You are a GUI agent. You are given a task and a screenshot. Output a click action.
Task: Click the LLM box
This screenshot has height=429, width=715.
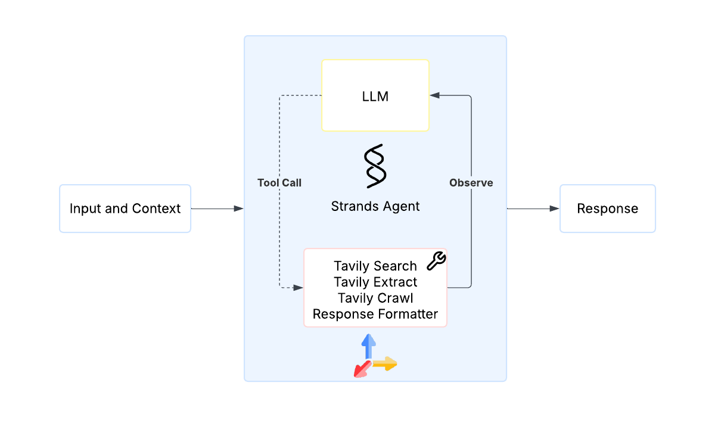[x=375, y=95]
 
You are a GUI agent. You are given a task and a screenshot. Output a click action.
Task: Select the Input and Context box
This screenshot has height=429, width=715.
[x=125, y=209]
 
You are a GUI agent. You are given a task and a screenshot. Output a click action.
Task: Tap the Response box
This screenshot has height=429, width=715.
[x=607, y=209]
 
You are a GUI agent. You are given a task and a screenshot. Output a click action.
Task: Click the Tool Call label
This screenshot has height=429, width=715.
[x=279, y=183]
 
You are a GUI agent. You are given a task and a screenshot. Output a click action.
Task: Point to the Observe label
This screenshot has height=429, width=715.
[x=471, y=183]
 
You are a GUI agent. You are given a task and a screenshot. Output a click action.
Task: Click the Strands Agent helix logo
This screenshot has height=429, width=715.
[x=375, y=165]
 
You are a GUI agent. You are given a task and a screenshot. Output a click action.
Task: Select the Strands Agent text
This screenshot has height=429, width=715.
[x=375, y=206]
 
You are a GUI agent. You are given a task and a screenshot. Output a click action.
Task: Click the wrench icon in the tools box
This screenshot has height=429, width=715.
[x=437, y=259]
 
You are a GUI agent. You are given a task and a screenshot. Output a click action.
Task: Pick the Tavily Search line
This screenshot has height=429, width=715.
[x=375, y=266]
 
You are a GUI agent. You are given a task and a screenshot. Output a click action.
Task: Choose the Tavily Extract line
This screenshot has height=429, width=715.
[x=375, y=282]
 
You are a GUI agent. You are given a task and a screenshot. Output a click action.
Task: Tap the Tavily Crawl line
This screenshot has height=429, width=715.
[x=375, y=298]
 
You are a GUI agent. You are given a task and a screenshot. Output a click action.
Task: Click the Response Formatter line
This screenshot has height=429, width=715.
[x=375, y=314]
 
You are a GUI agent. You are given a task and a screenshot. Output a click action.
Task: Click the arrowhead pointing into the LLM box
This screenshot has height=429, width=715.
[x=435, y=95]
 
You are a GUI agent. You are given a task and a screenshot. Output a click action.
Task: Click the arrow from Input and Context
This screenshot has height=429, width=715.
[x=217, y=209]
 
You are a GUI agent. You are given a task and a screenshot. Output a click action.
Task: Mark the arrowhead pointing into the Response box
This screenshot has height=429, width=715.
[x=555, y=209]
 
